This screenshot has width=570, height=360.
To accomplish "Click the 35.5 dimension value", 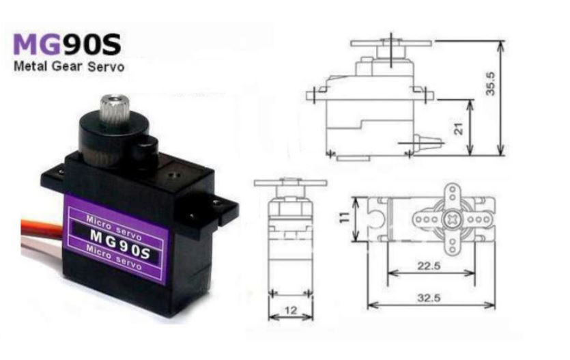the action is pyautogui.click(x=491, y=83).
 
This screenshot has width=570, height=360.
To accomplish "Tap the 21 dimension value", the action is pyautogui.click(x=459, y=128).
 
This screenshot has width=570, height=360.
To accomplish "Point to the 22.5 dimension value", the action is pyautogui.click(x=429, y=266).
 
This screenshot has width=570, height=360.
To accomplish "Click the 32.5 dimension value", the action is pyautogui.click(x=429, y=299).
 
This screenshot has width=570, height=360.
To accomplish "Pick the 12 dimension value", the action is pyautogui.click(x=291, y=311).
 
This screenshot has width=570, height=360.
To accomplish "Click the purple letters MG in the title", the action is pyautogui.click(x=37, y=44).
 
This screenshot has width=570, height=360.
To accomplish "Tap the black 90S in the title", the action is pyautogui.click(x=92, y=44).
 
